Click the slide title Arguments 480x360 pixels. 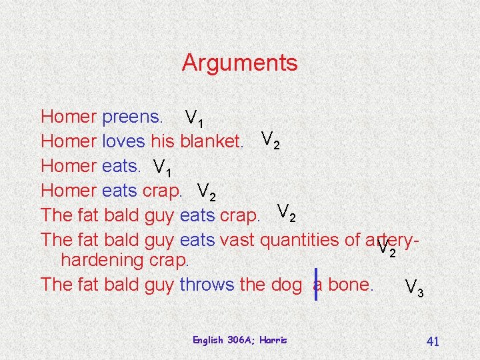point(239,63)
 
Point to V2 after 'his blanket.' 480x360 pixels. point(271,140)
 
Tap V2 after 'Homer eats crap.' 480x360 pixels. point(207,191)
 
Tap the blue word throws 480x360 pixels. point(206,285)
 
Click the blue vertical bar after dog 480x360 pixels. point(316,284)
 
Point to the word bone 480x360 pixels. point(349,285)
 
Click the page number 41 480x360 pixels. point(432,341)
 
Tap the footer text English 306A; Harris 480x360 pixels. point(239,340)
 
